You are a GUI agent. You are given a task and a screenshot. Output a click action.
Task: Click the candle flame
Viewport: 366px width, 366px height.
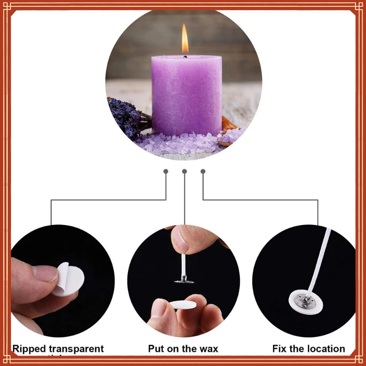point(185,40)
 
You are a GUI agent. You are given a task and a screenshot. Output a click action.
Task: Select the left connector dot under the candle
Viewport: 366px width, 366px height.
point(166,172)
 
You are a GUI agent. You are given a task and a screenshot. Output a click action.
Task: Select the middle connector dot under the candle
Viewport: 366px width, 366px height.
point(184,172)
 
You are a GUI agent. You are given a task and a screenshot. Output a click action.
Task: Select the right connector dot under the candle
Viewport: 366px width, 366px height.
point(203,172)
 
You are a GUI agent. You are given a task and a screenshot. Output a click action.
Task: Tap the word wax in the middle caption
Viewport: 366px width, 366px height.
point(208,349)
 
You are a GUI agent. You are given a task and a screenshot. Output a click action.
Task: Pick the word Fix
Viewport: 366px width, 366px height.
point(281,349)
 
